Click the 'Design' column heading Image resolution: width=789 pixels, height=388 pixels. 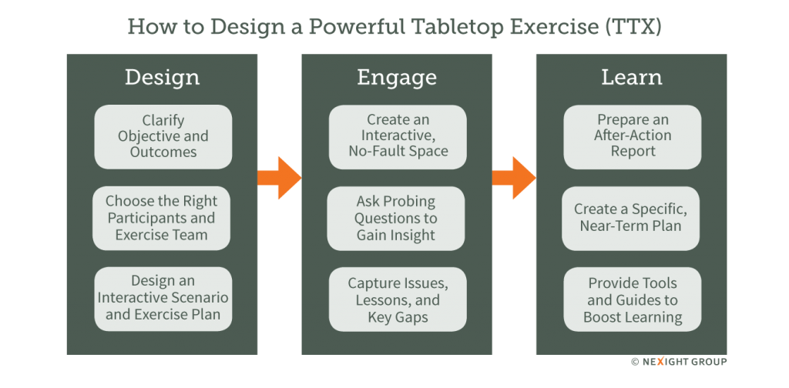(162, 78)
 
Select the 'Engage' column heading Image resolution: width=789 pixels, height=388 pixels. (396, 78)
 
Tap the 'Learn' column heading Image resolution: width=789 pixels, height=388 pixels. (631, 78)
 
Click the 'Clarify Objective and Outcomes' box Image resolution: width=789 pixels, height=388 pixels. (163, 136)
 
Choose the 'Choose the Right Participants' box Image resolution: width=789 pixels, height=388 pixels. (162, 218)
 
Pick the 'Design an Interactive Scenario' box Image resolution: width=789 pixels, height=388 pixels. (162, 298)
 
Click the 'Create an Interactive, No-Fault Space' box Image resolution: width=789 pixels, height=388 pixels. (398, 136)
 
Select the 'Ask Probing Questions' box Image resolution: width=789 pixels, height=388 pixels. (397, 218)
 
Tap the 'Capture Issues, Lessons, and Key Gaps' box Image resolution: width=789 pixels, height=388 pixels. (398, 298)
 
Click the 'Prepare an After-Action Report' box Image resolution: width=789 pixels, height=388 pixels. (632, 136)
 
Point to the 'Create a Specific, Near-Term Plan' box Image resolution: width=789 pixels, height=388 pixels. (632, 218)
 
